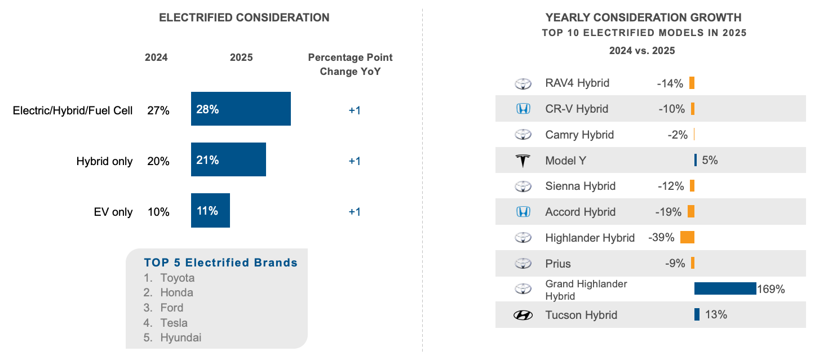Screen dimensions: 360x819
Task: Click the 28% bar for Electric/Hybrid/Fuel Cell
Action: [241, 109]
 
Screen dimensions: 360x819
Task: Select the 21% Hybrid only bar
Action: [228, 160]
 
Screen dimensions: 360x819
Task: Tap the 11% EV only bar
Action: [210, 211]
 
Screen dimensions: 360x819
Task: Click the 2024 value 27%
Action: [158, 110]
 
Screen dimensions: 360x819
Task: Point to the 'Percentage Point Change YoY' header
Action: [350, 64]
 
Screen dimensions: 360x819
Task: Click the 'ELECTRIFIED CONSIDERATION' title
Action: [244, 17]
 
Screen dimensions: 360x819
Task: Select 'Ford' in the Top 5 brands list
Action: [171, 308]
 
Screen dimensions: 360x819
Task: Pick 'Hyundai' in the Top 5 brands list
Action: [180, 338]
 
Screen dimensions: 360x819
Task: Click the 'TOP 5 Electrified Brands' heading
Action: [220, 263]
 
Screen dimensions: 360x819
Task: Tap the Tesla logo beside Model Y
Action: [523, 161]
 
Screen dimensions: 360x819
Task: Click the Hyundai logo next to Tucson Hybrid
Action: [523, 315]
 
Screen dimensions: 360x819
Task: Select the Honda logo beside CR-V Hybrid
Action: [523, 109]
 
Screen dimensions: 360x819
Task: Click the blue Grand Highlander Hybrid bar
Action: [725, 288]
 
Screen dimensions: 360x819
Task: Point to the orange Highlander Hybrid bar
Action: [687, 238]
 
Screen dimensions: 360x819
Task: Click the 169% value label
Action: [771, 290]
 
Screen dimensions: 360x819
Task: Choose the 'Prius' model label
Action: [558, 264]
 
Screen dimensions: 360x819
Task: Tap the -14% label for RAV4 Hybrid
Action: [670, 83]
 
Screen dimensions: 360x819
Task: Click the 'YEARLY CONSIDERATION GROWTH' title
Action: [643, 17]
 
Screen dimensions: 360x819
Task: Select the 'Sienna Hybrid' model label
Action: [580, 186]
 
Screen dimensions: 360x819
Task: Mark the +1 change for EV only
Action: [354, 212]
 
